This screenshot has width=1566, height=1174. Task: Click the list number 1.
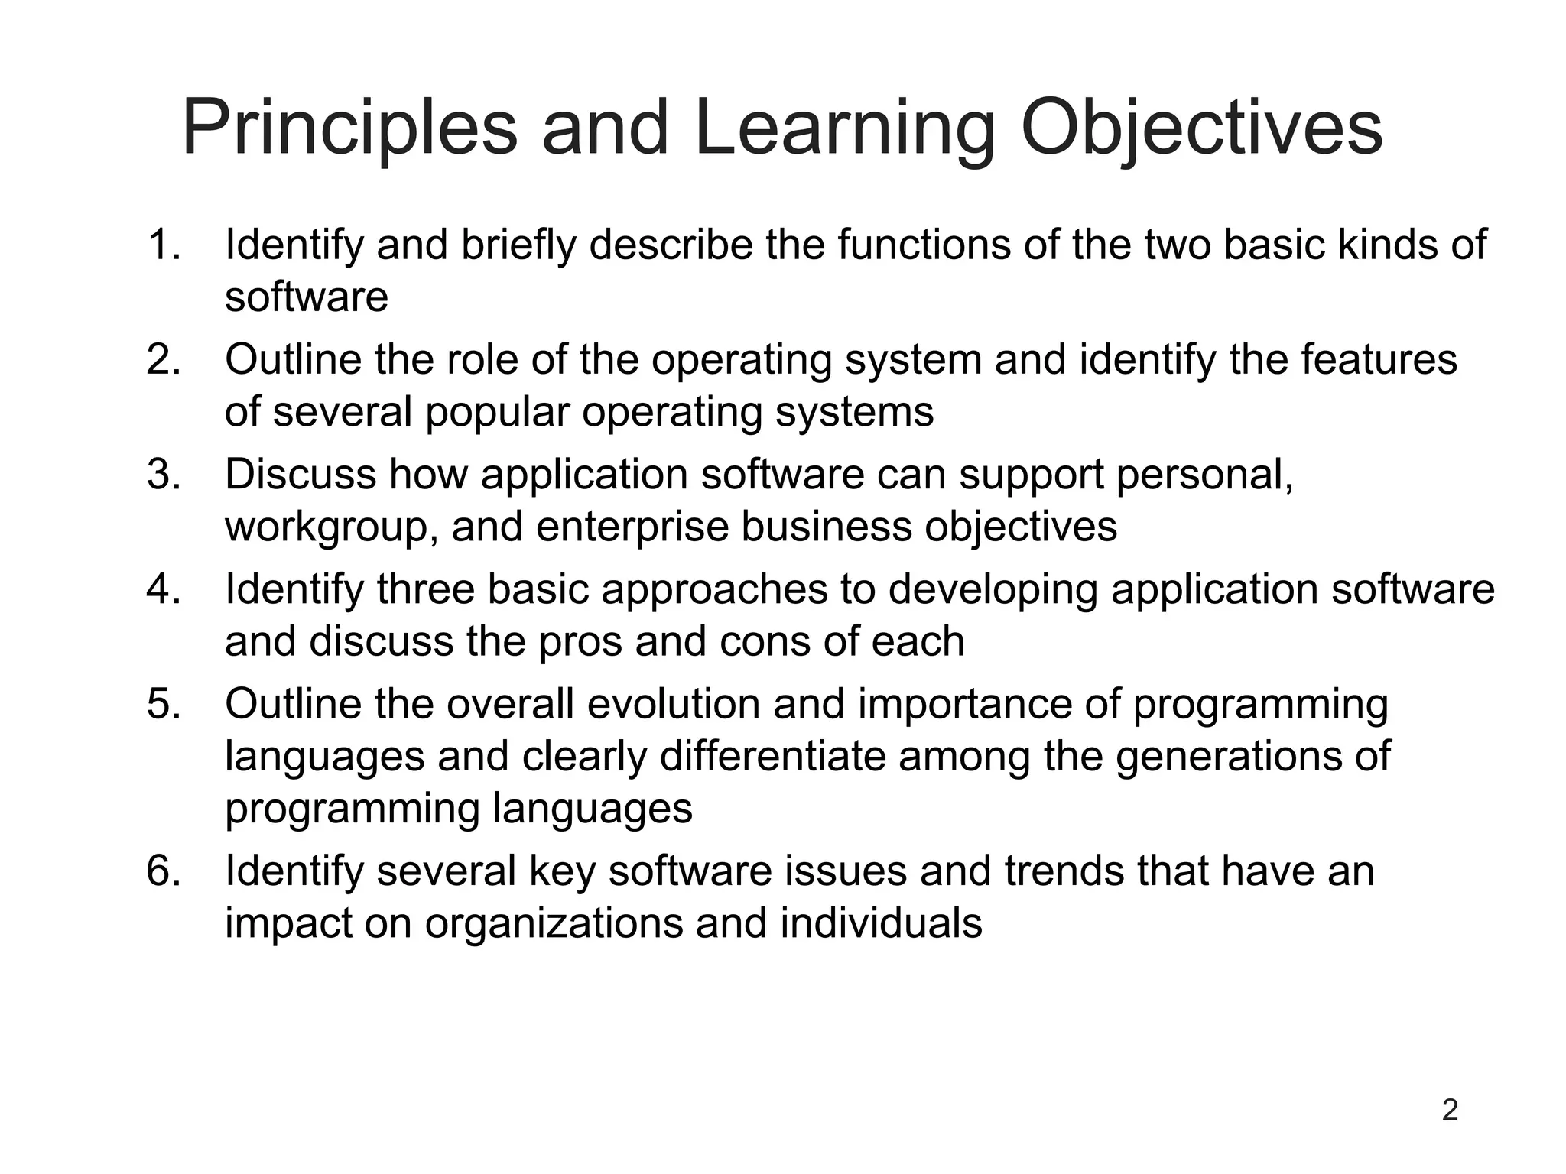point(163,245)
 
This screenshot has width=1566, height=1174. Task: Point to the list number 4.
point(163,589)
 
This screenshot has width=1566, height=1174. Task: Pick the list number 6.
point(163,871)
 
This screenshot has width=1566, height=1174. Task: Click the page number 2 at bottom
point(1449,1110)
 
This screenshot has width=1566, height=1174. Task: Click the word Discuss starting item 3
point(300,475)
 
